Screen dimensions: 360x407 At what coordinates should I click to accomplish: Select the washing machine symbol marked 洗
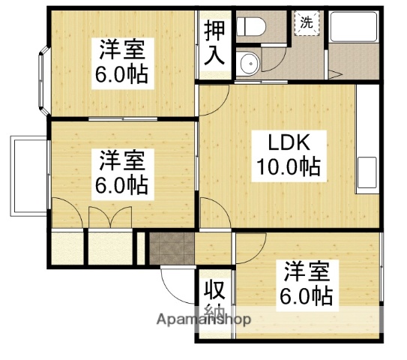[x=307, y=22]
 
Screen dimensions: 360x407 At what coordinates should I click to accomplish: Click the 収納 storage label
[x=214, y=300]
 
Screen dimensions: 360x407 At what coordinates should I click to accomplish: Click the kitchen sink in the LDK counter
[x=369, y=173]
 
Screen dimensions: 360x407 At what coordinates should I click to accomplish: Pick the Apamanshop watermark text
[x=204, y=320]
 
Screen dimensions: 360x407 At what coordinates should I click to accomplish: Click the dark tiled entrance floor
[x=170, y=247]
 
